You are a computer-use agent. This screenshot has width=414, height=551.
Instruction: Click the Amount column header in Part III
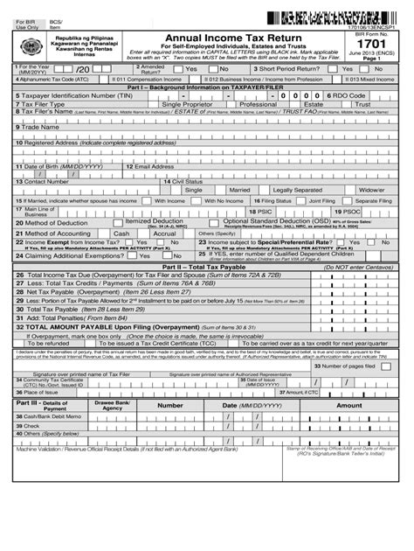[x=348, y=405]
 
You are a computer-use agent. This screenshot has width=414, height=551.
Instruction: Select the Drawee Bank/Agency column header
[x=113, y=405]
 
